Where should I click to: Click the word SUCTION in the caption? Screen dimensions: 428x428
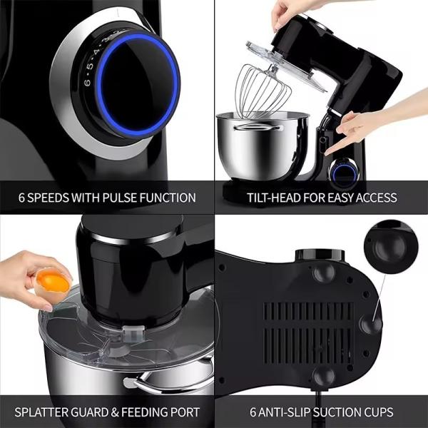coord(335,412)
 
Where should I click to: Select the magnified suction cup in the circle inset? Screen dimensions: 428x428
coord(392,249)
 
